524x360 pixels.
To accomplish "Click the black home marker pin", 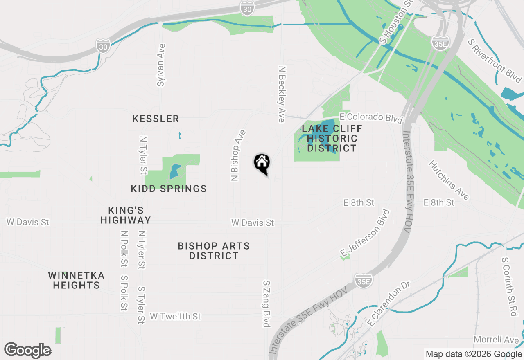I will (262, 163).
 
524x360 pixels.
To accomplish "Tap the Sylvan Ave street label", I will (161, 65).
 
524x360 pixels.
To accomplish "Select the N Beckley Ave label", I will (281, 94).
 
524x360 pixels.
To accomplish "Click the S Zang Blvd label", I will (267, 304).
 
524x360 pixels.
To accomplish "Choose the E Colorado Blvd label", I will (371, 117).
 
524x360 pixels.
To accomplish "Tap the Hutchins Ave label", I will (449, 180).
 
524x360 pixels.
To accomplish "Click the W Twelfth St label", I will (175, 316).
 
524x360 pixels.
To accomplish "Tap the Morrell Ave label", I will (496, 340).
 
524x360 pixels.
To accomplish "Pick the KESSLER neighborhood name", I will (156, 119).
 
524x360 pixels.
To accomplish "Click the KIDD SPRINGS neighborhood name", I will (169, 189).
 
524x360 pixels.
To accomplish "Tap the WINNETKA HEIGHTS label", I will (76, 280).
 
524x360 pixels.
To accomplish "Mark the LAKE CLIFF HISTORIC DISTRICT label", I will (332, 138).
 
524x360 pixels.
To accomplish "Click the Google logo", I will (27, 351).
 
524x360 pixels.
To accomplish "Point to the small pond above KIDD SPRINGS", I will (174, 171).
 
